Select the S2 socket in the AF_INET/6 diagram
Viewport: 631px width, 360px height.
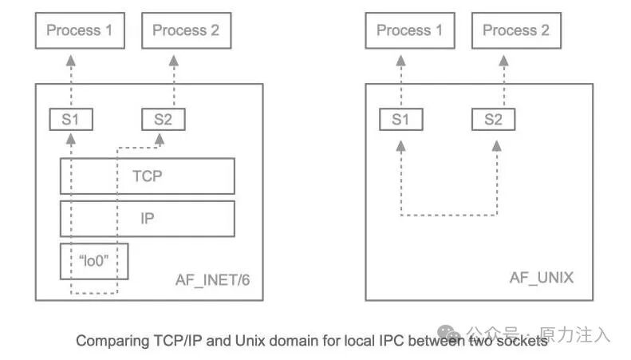163,120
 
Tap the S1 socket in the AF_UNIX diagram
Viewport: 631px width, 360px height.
401,120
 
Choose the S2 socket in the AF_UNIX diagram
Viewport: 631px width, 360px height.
493,120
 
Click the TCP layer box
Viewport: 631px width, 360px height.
148,176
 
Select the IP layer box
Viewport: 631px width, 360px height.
148,218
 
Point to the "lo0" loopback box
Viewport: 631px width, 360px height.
93,261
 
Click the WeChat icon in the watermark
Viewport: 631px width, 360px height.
448,332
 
